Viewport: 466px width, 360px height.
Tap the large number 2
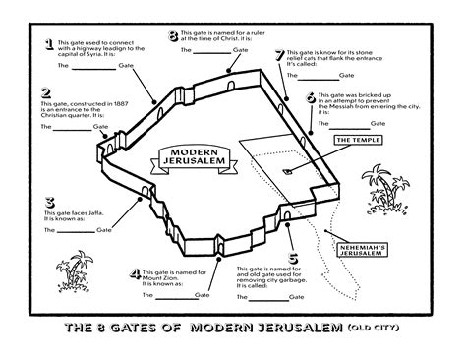coord(45,94)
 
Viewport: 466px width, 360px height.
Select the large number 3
coord(48,204)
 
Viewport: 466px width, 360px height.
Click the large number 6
coord(311,98)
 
